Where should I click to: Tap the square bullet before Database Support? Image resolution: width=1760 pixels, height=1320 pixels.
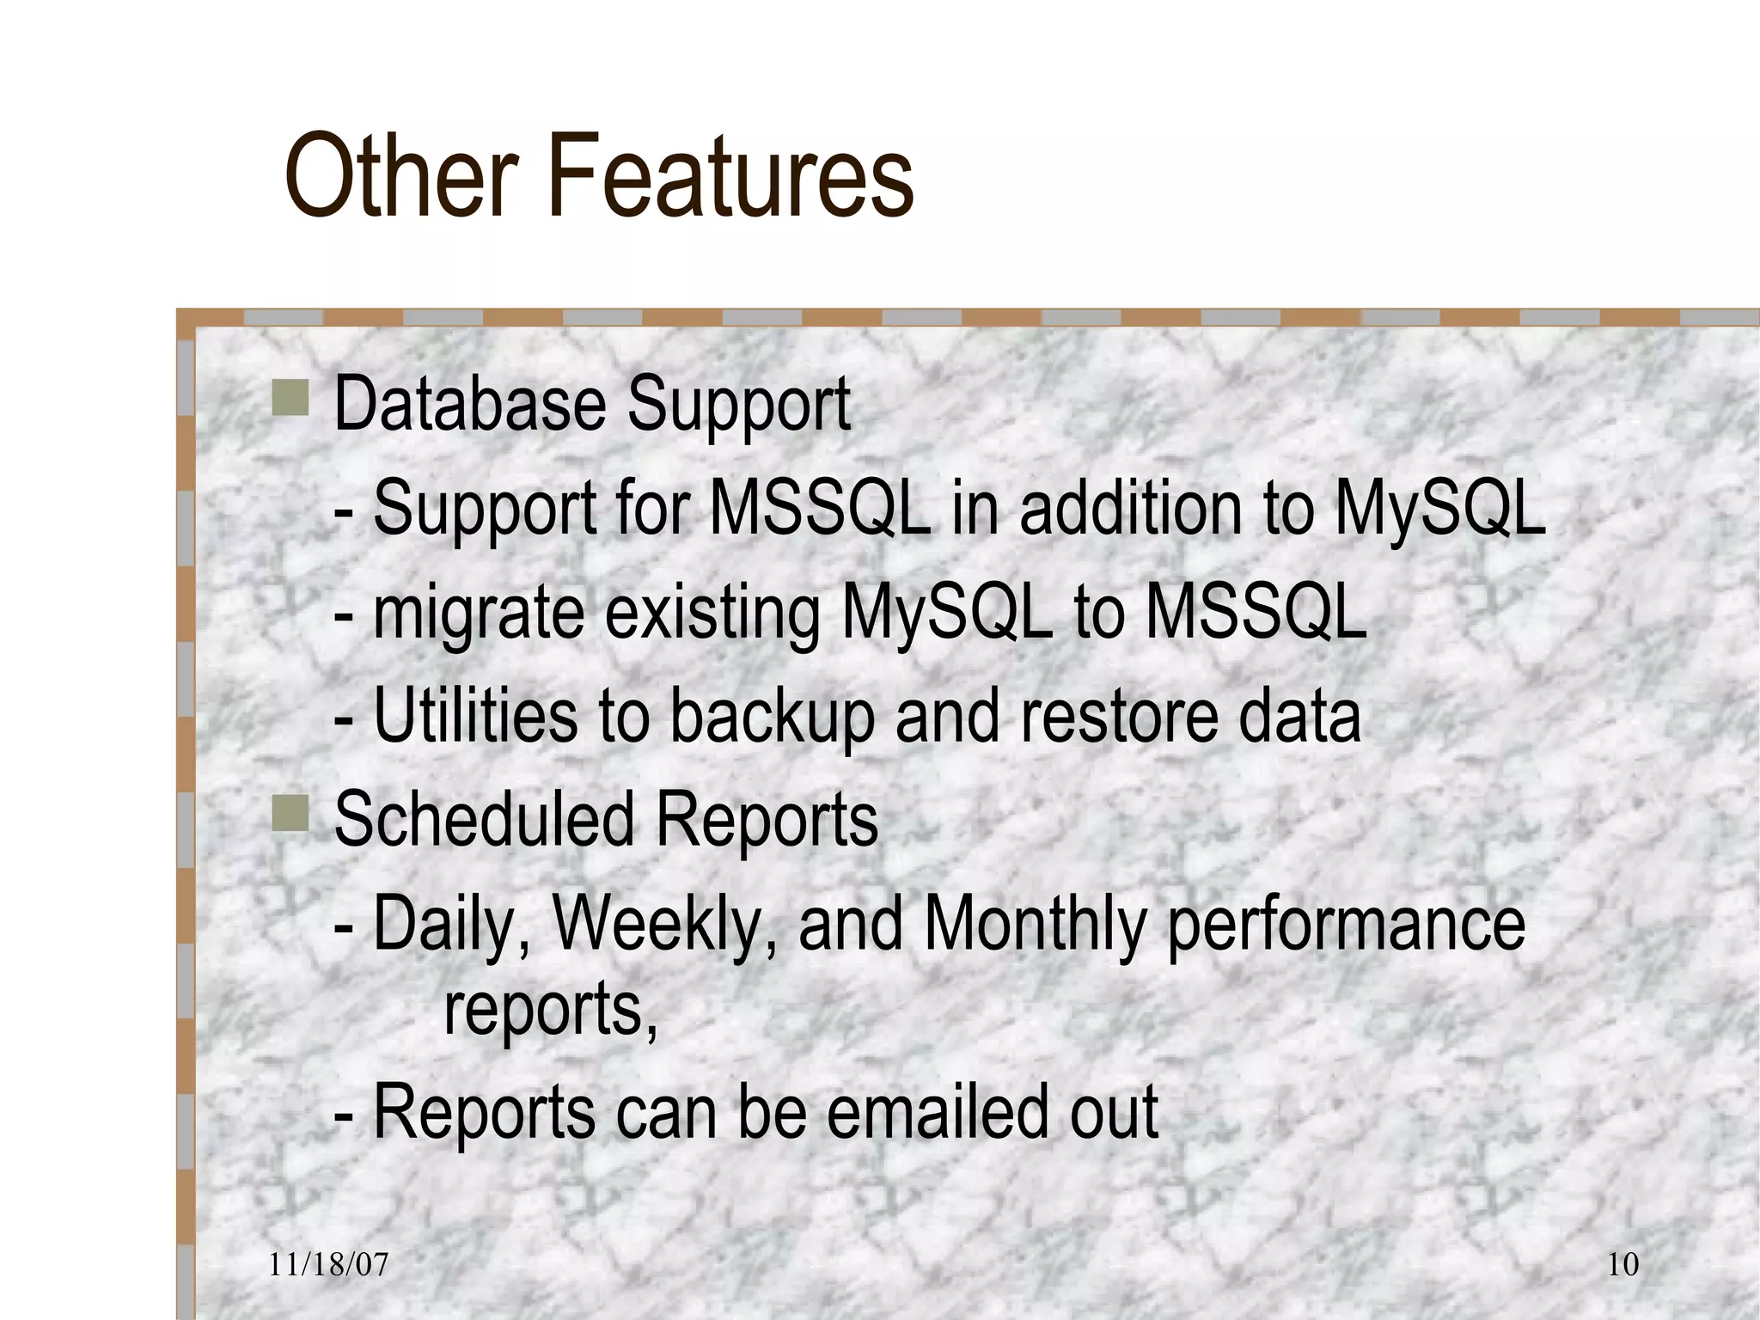tap(290, 400)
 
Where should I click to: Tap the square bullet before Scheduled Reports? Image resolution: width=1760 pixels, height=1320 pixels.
tap(290, 813)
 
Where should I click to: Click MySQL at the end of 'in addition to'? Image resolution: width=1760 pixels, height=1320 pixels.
tap(1439, 509)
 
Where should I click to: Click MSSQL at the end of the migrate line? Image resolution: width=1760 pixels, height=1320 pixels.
tap(1256, 612)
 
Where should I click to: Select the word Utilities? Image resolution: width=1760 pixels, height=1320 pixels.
tap(475, 716)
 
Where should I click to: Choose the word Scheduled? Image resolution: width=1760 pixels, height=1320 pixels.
tap(484, 819)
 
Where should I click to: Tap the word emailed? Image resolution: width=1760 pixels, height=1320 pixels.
tap(938, 1112)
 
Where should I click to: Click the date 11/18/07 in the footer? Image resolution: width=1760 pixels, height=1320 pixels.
tap(328, 1264)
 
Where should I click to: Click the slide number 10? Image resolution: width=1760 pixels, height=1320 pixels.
tap(1622, 1264)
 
